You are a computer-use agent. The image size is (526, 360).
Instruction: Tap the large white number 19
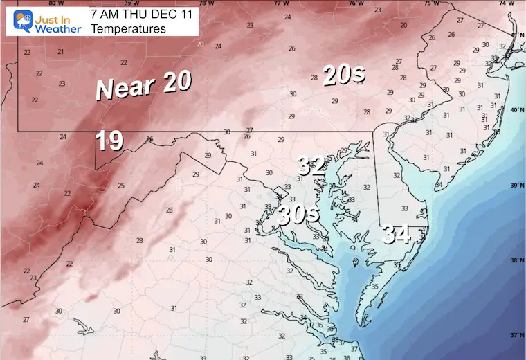[x=109, y=141]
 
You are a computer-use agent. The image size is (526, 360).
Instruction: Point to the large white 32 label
[x=311, y=166]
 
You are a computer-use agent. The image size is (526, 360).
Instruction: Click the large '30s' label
[x=298, y=215]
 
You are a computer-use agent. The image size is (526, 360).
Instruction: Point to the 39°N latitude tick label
[x=516, y=186]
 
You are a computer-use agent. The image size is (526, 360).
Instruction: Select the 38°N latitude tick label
[x=516, y=260]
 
